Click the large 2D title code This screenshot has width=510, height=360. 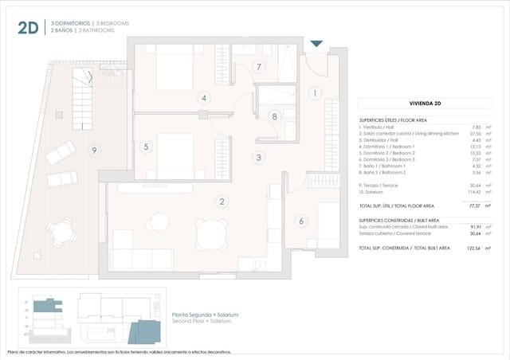[29, 28]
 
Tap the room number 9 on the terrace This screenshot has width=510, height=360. [94, 150]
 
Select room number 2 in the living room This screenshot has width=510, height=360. [222, 202]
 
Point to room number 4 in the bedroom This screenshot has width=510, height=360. [204, 98]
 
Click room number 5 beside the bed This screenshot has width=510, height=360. [146, 147]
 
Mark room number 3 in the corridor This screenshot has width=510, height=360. [259, 158]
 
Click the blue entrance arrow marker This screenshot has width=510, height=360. [316, 44]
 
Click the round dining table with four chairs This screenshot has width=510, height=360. [210, 234]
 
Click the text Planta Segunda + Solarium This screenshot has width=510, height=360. [206, 315]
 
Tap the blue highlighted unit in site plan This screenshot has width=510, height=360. [147, 330]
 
